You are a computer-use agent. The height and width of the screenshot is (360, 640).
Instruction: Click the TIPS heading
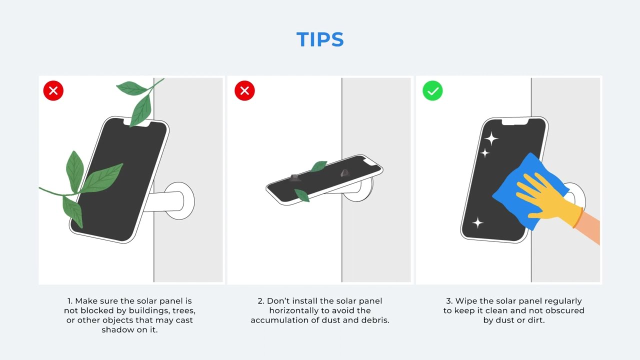coord(320,39)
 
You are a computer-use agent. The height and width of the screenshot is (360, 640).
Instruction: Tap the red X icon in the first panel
coord(53,91)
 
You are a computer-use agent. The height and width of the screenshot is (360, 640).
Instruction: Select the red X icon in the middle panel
coord(244,91)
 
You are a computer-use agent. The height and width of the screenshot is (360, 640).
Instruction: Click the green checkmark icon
coord(432,91)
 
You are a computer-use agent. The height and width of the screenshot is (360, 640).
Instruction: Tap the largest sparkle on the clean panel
coord(491,138)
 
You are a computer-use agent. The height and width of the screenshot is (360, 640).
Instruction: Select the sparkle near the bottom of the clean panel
coord(477,222)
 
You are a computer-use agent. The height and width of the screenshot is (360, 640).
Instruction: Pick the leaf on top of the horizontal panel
coord(318,166)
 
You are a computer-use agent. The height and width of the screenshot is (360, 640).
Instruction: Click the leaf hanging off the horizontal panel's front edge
coord(302,195)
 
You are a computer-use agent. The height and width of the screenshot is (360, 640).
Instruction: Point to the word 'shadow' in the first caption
coord(116,329)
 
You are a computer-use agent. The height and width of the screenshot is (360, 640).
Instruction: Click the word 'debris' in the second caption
coord(375,320)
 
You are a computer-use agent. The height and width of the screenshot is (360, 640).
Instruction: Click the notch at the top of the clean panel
coord(515,121)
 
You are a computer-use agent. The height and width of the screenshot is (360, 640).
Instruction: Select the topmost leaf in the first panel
coord(132,88)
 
